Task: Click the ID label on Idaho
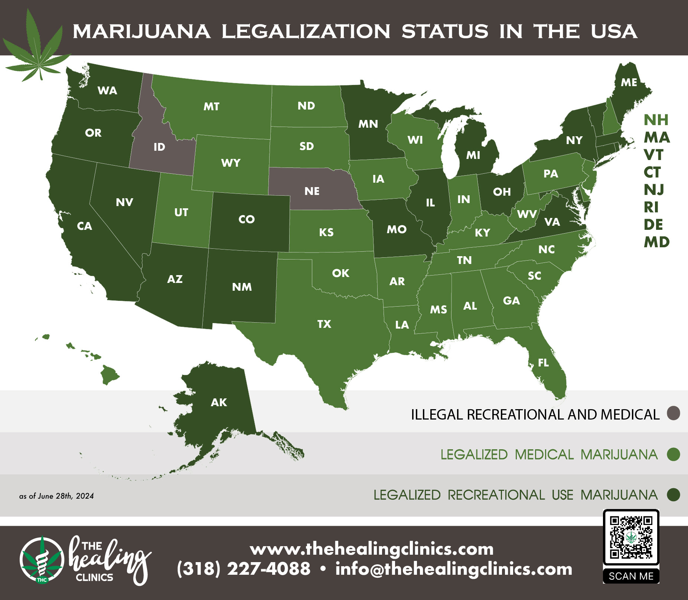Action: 159,147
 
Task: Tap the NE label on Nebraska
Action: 312,191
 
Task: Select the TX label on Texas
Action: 324,324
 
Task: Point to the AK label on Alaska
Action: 219,402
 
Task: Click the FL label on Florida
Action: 543,363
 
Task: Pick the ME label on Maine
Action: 629,82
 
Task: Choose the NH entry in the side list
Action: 656,120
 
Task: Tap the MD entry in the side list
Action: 656,242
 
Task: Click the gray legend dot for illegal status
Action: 673,413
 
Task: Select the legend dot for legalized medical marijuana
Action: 673,454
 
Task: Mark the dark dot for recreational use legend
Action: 673,495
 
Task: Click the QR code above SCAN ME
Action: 631,537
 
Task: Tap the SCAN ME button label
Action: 631,576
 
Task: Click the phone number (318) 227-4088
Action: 244,569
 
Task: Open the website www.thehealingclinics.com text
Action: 372,549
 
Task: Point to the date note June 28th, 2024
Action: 56,496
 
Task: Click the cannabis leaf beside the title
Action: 37,48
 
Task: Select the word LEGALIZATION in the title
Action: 306,31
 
